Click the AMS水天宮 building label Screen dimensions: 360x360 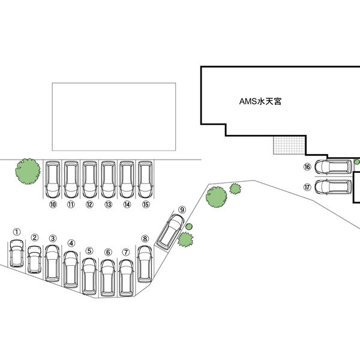click(x=260, y=102)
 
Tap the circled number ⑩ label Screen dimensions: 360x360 click(x=53, y=205)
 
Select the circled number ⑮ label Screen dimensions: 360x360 click(x=145, y=205)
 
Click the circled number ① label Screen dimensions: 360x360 click(x=17, y=231)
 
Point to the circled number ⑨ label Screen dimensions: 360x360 click(x=182, y=209)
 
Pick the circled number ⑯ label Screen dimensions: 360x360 click(x=307, y=167)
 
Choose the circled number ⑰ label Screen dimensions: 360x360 click(x=307, y=187)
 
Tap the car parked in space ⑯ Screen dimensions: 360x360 click(x=332, y=167)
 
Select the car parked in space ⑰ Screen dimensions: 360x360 click(x=332, y=186)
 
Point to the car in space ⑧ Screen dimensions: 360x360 click(x=145, y=263)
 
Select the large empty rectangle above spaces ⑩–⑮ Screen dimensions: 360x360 click(x=114, y=116)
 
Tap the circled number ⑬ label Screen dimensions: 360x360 click(x=109, y=205)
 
